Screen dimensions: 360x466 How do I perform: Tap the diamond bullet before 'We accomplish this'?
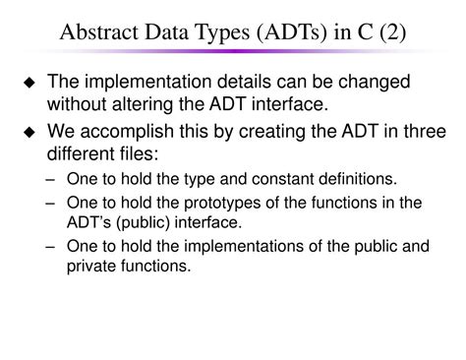(x=31, y=132)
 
